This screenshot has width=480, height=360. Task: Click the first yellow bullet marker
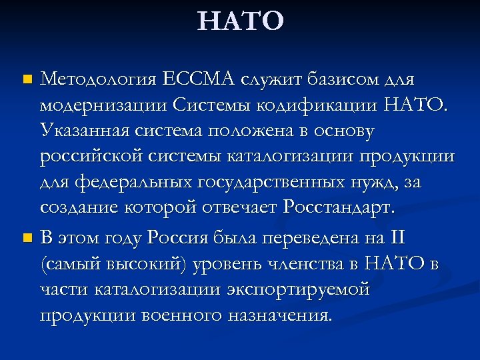[x=27, y=80]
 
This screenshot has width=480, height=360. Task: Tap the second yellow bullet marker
[x=27, y=237]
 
